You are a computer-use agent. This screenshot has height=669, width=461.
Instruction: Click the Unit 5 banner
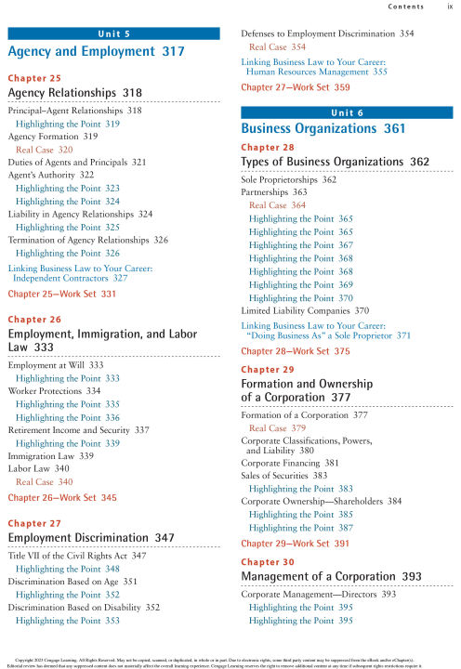coord(113,34)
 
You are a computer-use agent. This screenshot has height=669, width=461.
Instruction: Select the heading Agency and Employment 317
coord(96,52)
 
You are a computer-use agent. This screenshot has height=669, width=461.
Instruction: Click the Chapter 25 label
coord(34,79)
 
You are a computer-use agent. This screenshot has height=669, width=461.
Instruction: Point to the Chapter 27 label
coord(34,523)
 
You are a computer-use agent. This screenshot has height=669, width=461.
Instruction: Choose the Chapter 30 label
coord(268,562)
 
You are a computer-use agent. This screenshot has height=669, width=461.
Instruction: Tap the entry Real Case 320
coord(44,149)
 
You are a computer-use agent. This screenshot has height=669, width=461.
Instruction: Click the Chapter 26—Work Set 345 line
coord(62,498)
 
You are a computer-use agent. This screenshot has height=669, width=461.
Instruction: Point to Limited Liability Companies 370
coord(305,310)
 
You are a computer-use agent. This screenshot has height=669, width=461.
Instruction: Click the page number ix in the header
coord(450,7)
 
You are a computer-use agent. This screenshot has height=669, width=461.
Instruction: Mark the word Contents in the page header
coord(407,7)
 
